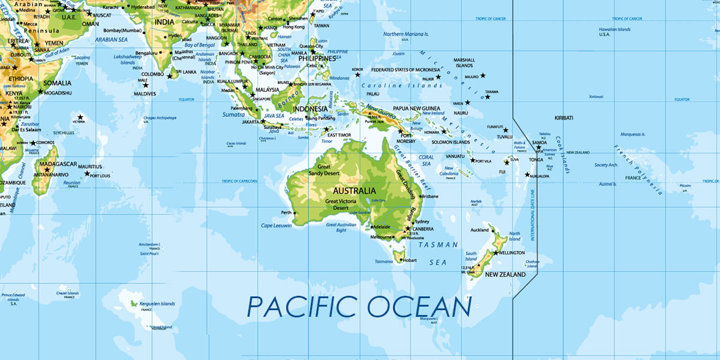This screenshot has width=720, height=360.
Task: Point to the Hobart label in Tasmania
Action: [x=410, y=260]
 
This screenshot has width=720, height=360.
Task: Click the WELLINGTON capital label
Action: [x=511, y=253]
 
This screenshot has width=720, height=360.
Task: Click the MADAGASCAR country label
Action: [x=58, y=164]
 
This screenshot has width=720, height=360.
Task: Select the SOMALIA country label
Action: [x=57, y=83]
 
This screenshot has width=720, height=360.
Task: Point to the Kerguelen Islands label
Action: [x=157, y=304]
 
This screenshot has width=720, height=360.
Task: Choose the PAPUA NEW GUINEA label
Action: [x=416, y=108]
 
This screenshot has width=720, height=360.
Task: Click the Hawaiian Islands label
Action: [x=614, y=29]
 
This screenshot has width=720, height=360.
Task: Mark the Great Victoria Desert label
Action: [x=340, y=205]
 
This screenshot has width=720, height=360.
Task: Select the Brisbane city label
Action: [x=430, y=196]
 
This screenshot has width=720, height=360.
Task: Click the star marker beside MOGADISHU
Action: [x=41, y=92]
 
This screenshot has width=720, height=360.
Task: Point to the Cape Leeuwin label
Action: [x=276, y=226]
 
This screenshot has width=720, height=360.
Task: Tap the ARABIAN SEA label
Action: [x=111, y=40]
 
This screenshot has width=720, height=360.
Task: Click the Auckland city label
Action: [x=479, y=230]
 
